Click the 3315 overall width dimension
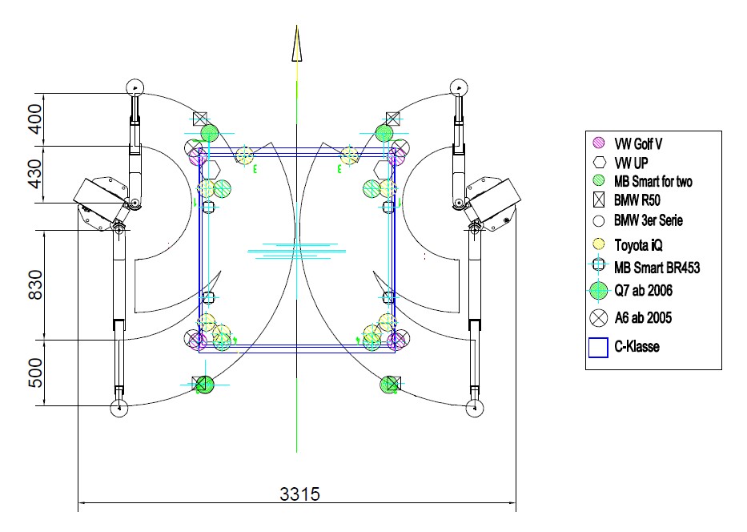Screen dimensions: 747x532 tap(299, 494)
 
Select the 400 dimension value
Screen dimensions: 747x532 tap(36, 119)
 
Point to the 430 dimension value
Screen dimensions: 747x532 tap(36, 174)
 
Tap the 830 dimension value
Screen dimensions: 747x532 tap(36, 285)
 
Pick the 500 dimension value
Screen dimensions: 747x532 tap(36, 373)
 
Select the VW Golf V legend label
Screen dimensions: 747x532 tap(638, 143)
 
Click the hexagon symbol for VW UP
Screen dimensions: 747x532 tap(600, 163)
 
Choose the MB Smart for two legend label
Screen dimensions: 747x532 tap(653, 181)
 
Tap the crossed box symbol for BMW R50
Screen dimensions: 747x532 tap(599, 200)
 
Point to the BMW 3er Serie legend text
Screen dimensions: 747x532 tap(648, 220)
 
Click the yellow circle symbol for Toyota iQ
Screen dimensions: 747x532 tap(598, 244)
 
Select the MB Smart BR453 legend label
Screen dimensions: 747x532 tap(657, 268)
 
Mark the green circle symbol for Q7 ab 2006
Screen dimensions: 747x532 tap(598, 290)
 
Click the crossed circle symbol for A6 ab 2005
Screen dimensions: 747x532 tap(598, 318)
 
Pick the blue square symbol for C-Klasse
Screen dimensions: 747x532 tap(598, 348)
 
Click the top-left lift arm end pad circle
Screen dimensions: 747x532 tap(135, 87)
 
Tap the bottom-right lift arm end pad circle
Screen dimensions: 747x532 tap(475, 408)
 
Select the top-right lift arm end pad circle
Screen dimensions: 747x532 tap(459, 87)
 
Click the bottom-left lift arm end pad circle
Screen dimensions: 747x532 tap(119, 408)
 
